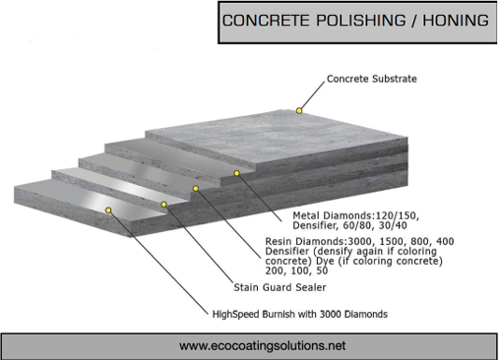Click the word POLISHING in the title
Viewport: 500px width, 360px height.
click(x=351, y=21)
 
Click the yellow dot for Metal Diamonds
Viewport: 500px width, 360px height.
click(x=237, y=173)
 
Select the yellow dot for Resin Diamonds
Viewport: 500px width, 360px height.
click(x=196, y=188)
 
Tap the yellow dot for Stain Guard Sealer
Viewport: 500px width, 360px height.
click(x=164, y=205)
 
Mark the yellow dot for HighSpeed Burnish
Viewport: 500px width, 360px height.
click(x=108, y=210)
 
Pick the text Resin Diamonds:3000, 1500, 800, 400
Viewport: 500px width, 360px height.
click(x=360, y=240)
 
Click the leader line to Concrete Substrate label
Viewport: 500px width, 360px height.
click(x=312, y=95)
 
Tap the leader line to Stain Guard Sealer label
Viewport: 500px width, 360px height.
click(x=197, y=245)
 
